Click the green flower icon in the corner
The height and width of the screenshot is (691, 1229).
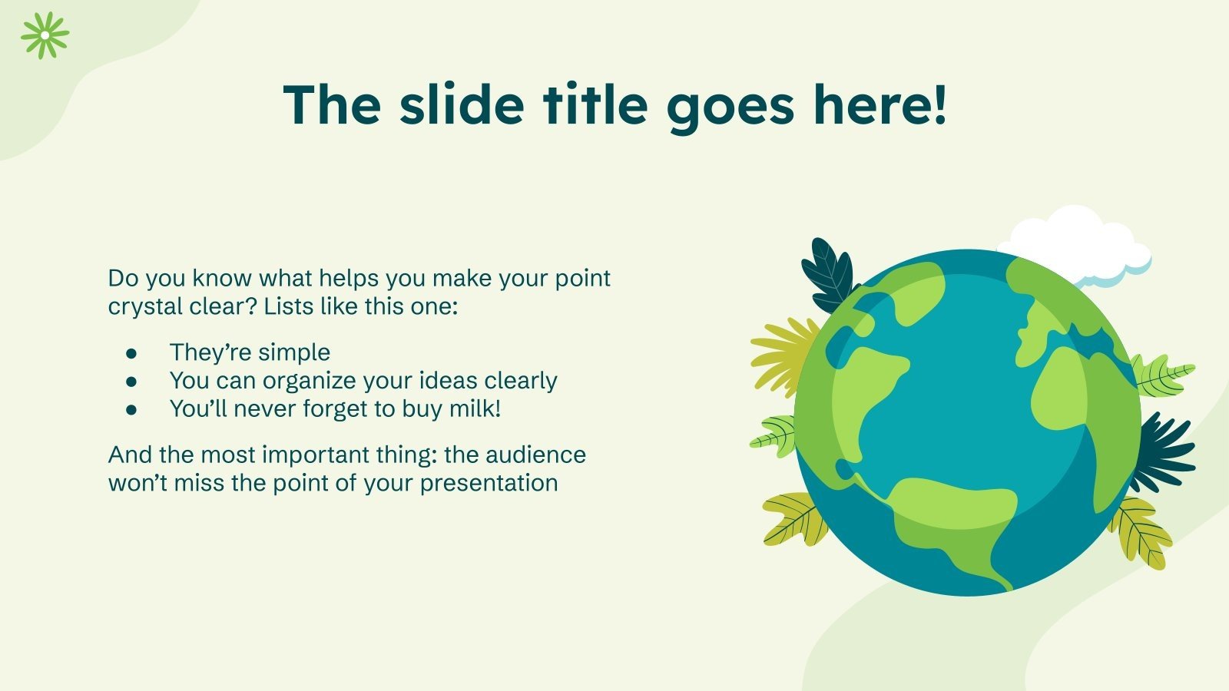pyautogui.click(x=45, y=35)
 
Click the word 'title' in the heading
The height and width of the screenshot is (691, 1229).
pyautogui.click(x=597, y=105)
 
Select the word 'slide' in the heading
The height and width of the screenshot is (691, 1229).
pyautogui.click(x=462, y=105)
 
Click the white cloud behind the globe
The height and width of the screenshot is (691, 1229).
pyautogui.click(x=1083, y=238)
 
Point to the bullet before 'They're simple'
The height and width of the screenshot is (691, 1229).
pyautogui.click(x=131, y=353)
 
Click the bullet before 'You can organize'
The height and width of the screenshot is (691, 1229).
pyautogui.click(x=131, y=382)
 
